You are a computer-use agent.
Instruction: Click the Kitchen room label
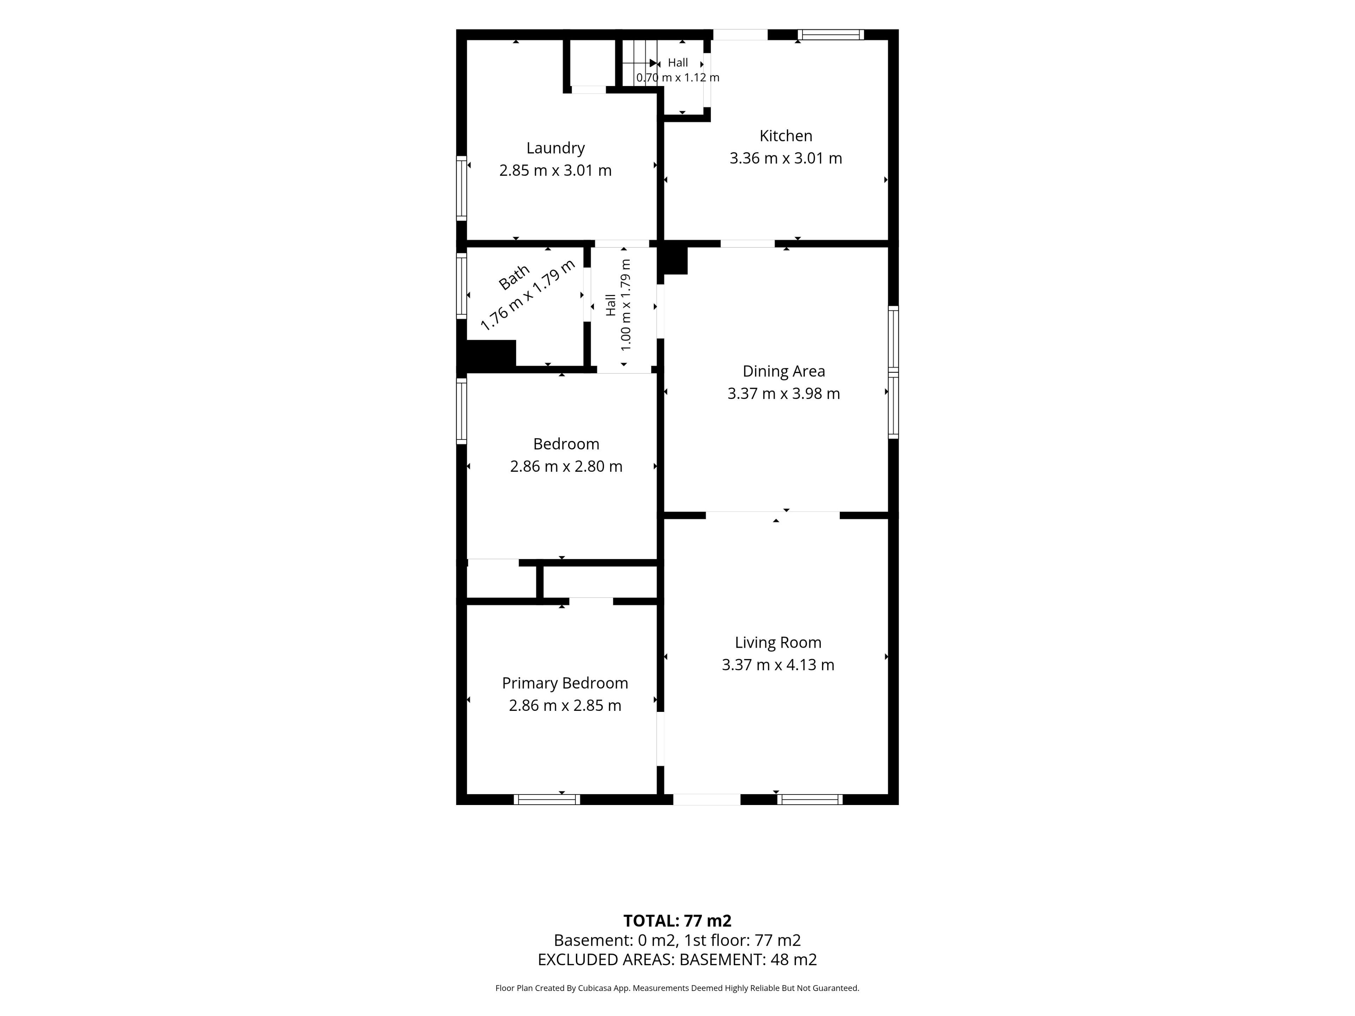(x=786, y=136)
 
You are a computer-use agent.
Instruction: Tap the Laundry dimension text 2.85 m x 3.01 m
(x=556, y=170)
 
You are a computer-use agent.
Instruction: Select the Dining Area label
(x=783, y=371)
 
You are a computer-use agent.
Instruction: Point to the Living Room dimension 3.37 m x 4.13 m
(x=778, y=665)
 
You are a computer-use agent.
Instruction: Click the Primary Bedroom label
(x=565, y=683)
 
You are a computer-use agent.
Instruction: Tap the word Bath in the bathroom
(x=513, y=278)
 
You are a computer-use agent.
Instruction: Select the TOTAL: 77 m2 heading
(x=677, y=920)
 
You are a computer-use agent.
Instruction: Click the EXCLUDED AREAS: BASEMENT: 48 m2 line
(x=677, y=960)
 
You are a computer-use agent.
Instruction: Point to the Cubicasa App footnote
(x=677, y=988)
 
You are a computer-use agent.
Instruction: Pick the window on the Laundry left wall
(x=461, y=188)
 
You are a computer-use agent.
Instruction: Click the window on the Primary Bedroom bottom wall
(x=547, y=799)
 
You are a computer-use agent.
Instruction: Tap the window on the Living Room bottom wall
(x=810, y=799)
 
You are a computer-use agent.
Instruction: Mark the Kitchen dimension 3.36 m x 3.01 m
(x=786, y=158)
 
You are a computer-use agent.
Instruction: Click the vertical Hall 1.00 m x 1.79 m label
(x=618, y=306)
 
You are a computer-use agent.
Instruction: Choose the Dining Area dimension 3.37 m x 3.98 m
(x=783, y=393)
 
